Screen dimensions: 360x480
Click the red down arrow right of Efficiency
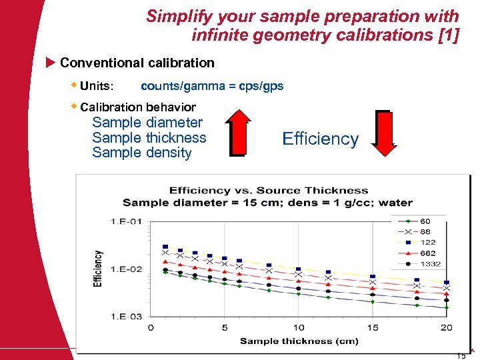coord(383,133)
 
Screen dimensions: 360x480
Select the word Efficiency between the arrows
coord(320,139)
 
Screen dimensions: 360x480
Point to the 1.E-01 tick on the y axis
coord(126,221)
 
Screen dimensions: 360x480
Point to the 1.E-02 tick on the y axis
coord(126,269)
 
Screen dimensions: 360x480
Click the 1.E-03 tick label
coord(126,316)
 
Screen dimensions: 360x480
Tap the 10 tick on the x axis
coord(299,327)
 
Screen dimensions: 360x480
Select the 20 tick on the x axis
coord(446,327)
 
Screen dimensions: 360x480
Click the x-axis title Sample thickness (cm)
coord(299,341)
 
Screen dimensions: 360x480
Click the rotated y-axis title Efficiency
coord(99,269)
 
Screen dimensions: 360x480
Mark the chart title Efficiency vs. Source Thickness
coord(268,191)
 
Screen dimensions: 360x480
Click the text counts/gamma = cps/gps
coord(212,86)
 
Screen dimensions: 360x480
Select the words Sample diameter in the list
coord(147,123)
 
